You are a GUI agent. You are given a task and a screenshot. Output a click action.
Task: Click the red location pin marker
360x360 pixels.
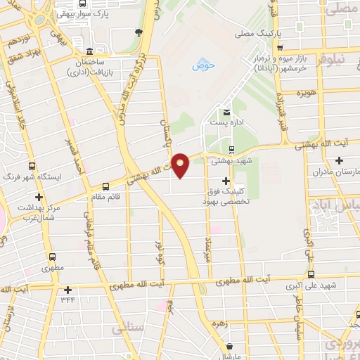(181, 165)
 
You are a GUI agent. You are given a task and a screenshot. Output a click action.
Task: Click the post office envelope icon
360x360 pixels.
(226, 112)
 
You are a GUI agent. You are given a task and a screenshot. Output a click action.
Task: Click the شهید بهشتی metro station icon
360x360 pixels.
(232, 149)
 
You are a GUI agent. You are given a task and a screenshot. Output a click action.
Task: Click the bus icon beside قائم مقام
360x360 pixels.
(105, 187)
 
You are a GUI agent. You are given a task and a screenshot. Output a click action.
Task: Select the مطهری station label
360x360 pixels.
(51, 268)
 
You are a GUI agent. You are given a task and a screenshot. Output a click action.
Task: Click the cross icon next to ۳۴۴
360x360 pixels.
(67, 289)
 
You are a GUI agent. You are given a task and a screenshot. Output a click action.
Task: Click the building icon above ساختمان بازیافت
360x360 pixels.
(89, 52)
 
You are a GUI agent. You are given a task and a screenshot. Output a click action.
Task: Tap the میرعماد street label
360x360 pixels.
(208, 248)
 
